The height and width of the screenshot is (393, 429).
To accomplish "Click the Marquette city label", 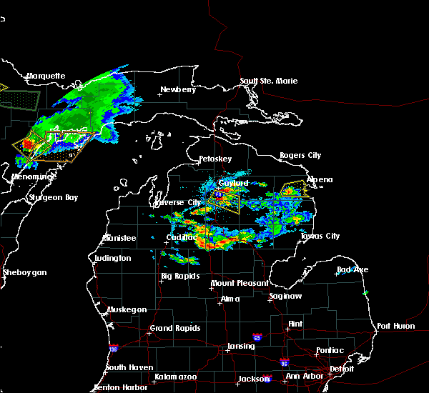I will point(46,76).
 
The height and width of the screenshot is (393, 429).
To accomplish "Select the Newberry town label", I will point(177,89).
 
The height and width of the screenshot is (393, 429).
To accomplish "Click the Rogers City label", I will point(300,155).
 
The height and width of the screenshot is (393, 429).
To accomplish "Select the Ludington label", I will point(112,258).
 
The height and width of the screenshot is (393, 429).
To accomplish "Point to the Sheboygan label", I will point(24,272).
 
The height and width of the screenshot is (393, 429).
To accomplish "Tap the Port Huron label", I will point(395,326).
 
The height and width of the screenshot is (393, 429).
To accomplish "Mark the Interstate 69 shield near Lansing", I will point(256,336).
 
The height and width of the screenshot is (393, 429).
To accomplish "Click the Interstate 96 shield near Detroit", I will point(284,362).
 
